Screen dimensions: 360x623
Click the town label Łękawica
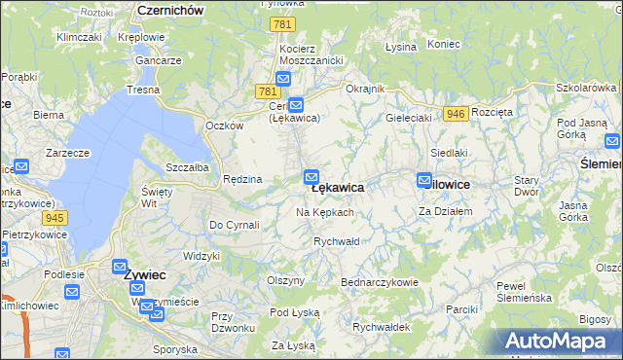(x=338, y=188)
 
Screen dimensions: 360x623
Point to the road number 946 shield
(x=455, y=114)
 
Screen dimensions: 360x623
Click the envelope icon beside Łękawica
(x=311, y=177)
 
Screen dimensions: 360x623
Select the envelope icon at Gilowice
(x=423, y=180)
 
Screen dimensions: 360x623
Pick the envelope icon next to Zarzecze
(x=21, y=167)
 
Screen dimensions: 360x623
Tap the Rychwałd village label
(x=337, y=241)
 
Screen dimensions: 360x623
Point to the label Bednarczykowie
(x=379, y=282)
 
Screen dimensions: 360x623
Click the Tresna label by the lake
(x=142, y=90)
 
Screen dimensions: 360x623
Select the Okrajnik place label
(x=366, y=89)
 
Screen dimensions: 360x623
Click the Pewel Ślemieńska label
(x=525, y=292)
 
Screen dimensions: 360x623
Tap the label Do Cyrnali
(x=234, y=225)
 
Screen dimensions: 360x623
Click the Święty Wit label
(x=157, y=198)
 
